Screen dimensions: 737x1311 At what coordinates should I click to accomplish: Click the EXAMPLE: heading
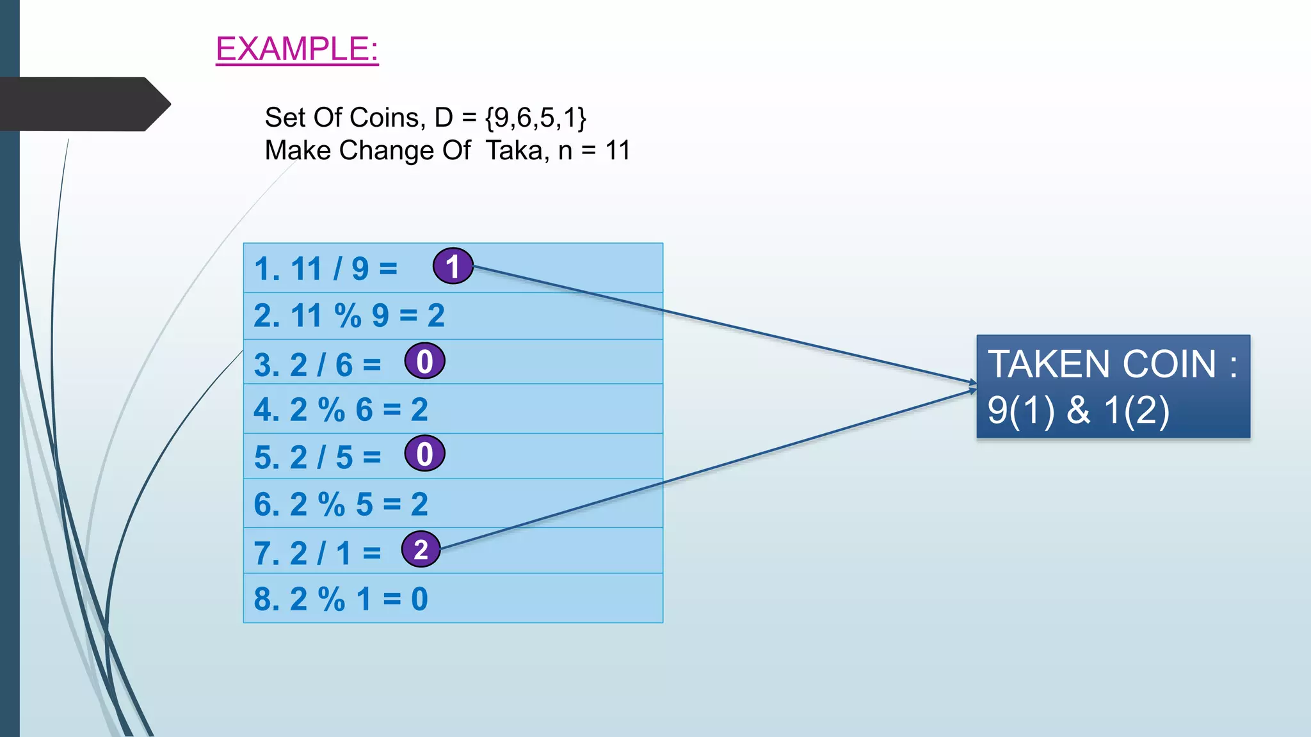[297, 49]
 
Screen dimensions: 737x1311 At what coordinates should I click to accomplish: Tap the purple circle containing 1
[453, 266]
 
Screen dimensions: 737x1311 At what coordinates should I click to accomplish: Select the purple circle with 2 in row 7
[421, 550]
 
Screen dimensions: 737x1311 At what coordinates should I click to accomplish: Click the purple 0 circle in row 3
[424, 361]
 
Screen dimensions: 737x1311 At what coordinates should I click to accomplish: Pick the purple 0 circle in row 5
[424, 454]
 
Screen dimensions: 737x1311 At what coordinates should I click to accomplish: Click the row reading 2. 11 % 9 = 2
[349, 315]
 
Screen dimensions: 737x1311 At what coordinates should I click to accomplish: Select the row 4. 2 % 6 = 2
[341, 409]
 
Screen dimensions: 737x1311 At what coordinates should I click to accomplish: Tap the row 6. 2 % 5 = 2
[341, 504]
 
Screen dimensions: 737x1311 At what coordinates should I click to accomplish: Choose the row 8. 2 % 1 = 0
[341, 599]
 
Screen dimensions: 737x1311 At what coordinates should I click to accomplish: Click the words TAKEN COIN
[1101, 364]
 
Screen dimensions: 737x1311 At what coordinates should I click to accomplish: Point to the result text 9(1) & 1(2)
[1079, 410]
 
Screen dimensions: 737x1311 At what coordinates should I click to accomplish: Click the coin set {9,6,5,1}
[536, 118]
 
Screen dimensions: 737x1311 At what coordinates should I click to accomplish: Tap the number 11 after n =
[618, 151]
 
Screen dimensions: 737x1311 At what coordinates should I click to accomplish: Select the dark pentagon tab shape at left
[83, 104]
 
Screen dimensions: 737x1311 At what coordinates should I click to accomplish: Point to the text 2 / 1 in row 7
[321, 553]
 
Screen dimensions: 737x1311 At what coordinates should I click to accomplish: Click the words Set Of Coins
[342, 118]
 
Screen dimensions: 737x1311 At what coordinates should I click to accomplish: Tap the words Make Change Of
[367, 151]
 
